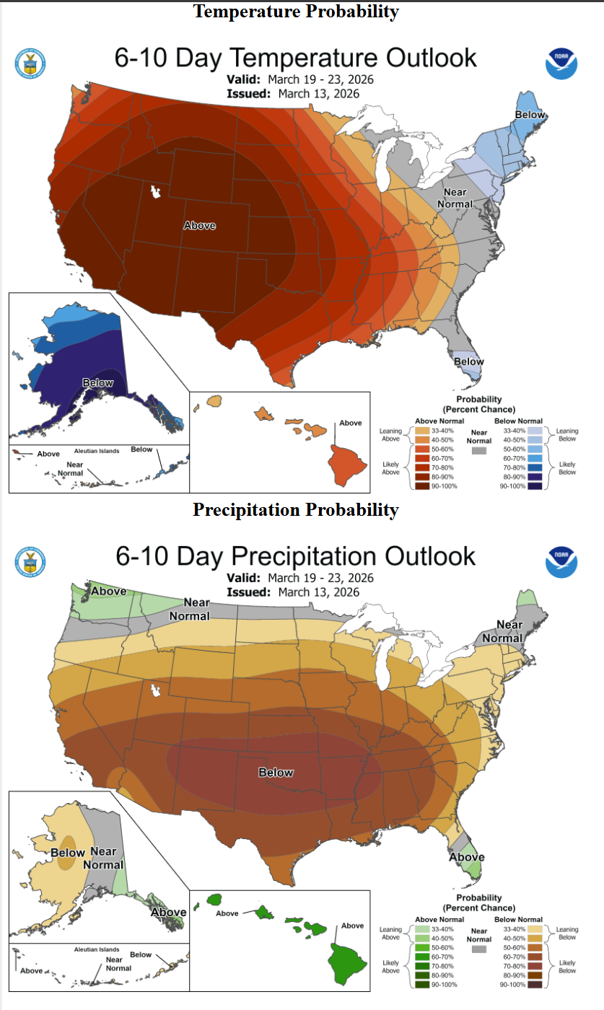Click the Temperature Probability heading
[x=296, y=12]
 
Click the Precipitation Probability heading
[x=296, y=510]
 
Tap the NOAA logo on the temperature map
[x=561, y=63]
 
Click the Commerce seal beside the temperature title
[x=30, y=63]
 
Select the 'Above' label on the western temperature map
[x=199, y=226]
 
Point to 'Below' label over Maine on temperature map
[x=530, y=115]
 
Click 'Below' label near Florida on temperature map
[x=468, y=361]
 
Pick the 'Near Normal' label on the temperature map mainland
[x=458, y=198]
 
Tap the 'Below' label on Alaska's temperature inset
[x=97, y=383]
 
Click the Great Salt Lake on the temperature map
[x=154, y=192]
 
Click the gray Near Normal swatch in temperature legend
[x=477, y=450]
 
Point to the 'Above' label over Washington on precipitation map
[x=108, y=592]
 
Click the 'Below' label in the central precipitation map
[x=276, y=773]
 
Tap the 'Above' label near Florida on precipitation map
[x=466, y=857]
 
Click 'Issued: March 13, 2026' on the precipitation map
[x=293, y=592]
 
